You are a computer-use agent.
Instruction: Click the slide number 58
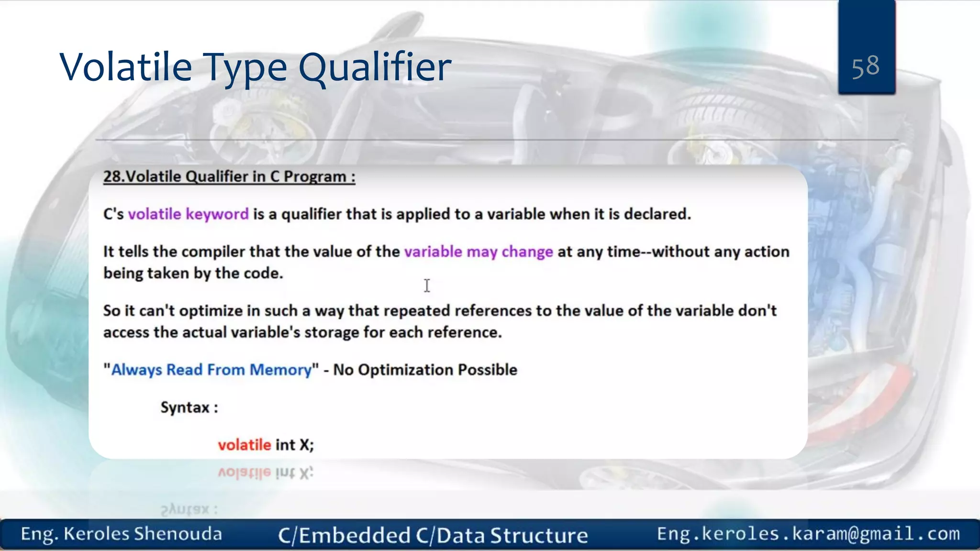coord(865,66)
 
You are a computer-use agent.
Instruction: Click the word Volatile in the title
coord(125,67)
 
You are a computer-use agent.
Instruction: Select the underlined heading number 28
coord(113,176)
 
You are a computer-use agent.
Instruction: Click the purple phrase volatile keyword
coord(188,214)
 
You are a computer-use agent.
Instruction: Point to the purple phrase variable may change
coord(478,252)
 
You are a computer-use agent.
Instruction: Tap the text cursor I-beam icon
coord(427,286)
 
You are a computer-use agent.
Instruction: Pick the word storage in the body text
coord(331,332)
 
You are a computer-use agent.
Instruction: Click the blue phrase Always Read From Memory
coord(211,370)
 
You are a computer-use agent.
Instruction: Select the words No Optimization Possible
coord(425,370)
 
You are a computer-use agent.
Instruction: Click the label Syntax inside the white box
coord(185,408)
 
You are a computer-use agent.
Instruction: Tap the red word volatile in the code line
coord(245,445)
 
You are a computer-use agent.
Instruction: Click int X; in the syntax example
coord(294,445)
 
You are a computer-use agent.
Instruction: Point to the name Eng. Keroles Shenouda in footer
coord(121,534)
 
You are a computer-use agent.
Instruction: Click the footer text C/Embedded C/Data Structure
coord(433,535)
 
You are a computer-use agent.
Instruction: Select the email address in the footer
coord(808,533)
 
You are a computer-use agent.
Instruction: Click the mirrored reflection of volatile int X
coord(266,473)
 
